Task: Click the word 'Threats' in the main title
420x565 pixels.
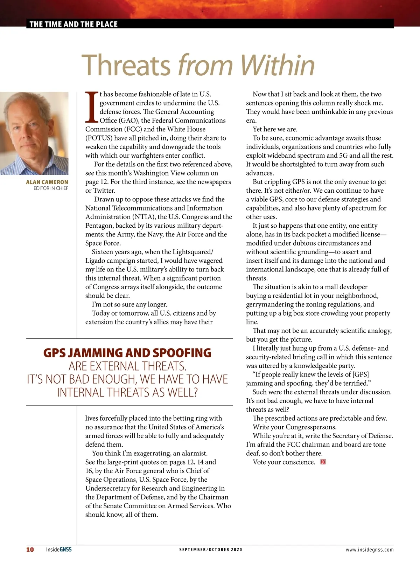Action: coord(126,65)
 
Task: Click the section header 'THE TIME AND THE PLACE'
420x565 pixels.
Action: coord(73,24)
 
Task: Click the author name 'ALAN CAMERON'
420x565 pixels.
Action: coord(47,182)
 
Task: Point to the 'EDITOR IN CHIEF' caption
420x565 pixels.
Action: coord(51,188)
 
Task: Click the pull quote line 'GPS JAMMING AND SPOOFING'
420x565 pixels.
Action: coord(127,353)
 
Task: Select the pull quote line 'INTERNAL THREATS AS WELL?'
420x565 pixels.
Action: coord(127,392)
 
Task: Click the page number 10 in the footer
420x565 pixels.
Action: coord(30,549)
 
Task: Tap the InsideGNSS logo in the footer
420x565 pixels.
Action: coord(59,549)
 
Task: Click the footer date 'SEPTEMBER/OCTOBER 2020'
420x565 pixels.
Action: coord(211,550)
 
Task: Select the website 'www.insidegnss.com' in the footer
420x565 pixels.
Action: coord(370,550)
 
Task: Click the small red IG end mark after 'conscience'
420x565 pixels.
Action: coord(323,462)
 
